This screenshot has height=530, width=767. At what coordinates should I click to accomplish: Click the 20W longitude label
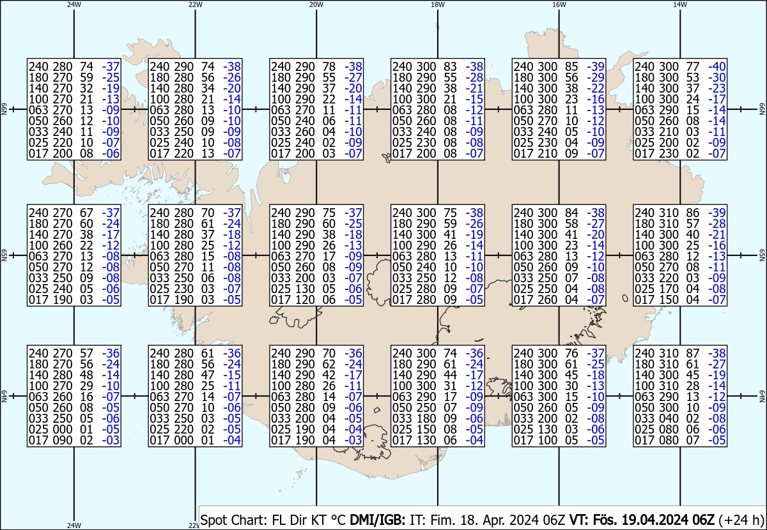coord(316,4)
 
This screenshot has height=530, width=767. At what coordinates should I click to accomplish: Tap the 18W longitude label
coord(437,4)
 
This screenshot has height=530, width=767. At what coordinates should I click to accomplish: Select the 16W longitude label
coord(559,4)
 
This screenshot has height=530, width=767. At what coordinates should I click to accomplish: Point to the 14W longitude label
coord(680,4)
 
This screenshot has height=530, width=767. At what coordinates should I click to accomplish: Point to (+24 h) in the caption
coord(742,520)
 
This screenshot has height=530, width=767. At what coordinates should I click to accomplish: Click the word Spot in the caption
coord(215,520)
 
